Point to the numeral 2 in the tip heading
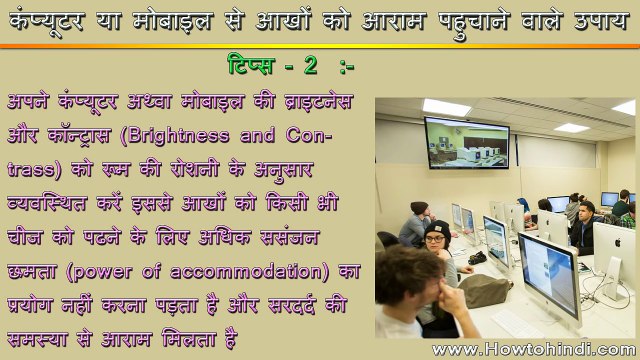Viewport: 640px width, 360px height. [x=311, y=66]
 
